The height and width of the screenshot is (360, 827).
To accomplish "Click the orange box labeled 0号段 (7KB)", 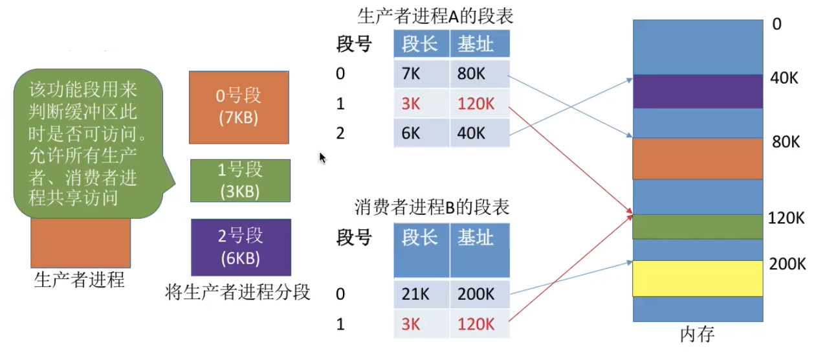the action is (x=239, y=107).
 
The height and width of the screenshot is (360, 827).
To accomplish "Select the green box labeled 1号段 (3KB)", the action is (x=240, y=181).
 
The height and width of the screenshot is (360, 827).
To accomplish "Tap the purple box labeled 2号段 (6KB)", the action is (x=241, y=247).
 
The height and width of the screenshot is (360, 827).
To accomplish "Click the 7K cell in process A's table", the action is (x=422, y=73).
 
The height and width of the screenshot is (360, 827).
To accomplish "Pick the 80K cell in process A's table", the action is (x=480, y=73).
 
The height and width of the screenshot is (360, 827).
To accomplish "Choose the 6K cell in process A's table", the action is (x=422, y=133).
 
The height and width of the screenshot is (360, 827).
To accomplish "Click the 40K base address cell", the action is (x=480, y=133).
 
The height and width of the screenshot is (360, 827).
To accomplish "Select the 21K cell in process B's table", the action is (x=422, y=294).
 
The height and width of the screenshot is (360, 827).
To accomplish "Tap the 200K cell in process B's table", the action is (x=480, y=294).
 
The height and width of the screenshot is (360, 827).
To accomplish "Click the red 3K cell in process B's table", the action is (x=422, y=324).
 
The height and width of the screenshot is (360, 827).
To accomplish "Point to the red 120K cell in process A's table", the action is (x=480, y=104).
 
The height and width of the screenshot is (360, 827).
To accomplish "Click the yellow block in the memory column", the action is (x=698, y=278).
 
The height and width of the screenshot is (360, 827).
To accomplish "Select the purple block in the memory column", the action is (x=698, y=91).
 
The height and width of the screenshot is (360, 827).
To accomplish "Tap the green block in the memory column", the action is (x=698, y=227).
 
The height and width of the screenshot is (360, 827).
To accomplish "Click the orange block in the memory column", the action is (x=698, y=159).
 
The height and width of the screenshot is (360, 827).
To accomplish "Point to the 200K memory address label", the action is (x=788, y=264).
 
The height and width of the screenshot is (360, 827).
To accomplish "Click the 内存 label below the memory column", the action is (x=698, y=334).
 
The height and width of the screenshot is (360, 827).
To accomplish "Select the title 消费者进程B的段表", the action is (x=432, y=207).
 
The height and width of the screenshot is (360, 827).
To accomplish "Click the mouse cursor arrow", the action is (x=322, y=157).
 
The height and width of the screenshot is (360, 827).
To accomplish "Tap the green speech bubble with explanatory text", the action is (x=89, y=143).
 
